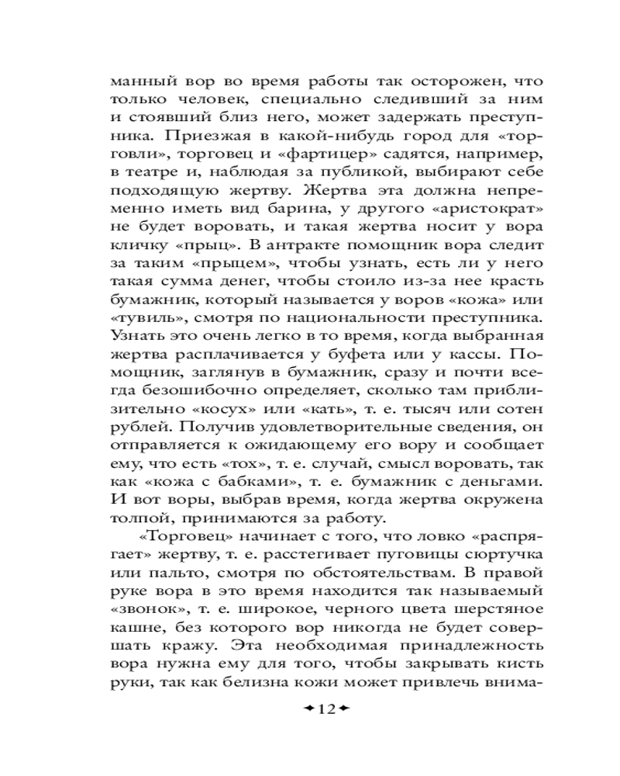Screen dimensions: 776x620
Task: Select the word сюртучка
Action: coord(501,556)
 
